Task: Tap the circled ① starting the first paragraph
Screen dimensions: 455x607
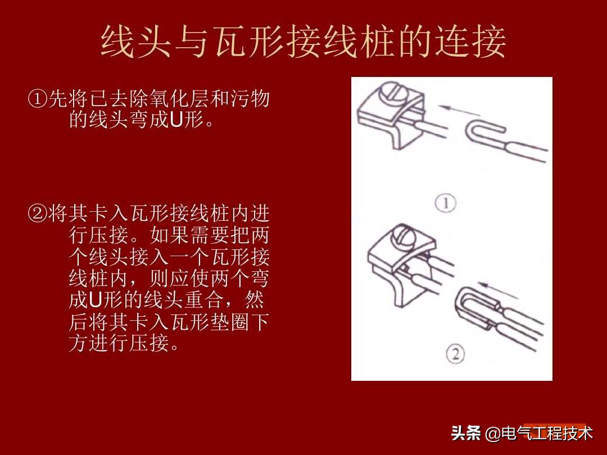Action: [x=37, y=100]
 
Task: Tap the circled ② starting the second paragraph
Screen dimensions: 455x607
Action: [x=37, y=213]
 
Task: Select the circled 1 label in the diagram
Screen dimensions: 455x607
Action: [x=446, y=203]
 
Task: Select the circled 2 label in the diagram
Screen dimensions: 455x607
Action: [x=456, y=354]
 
